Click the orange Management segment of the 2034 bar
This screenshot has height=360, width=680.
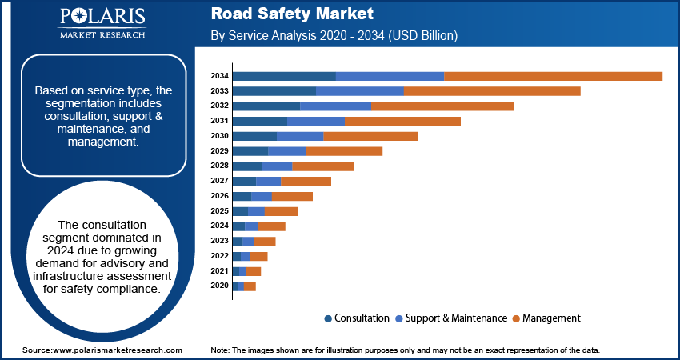(553, 76)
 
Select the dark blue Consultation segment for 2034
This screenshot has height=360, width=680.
(284, 76)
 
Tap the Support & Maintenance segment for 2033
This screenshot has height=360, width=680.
(360, 91)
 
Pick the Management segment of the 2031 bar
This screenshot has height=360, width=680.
(402, 121)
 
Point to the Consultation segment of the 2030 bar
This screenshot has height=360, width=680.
(254, 136)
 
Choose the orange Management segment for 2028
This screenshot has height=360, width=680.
(323, 166)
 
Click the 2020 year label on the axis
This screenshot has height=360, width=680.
(220, 286)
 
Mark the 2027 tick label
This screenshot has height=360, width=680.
(220, 181)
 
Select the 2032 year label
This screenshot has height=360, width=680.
(220, 106)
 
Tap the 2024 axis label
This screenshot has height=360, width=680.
(220, 226)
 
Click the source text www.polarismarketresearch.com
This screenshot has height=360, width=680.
(102, 350)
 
